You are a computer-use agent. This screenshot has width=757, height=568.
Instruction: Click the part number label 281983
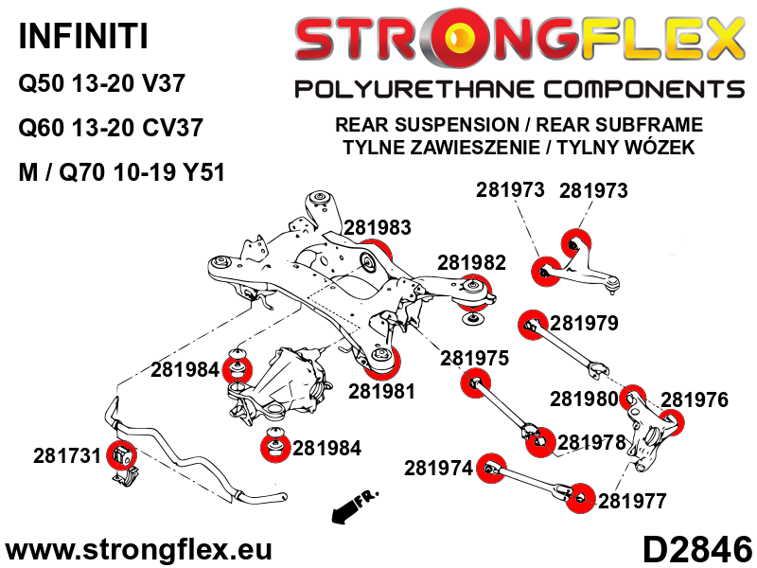coord(378,227)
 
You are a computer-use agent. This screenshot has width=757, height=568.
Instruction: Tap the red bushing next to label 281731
coord(121,455)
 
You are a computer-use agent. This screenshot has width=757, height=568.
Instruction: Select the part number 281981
coord(381,390)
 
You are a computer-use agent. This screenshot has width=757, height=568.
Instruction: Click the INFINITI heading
coord(83,38)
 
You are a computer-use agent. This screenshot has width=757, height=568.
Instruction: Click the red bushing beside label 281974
coord(489,469)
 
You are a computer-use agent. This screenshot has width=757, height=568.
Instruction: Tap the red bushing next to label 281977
coord(579,497)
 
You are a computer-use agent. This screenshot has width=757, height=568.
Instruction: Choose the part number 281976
coord(695,399)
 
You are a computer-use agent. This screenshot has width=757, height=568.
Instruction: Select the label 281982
coord(471,262)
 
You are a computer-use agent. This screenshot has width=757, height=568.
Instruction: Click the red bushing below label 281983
coord(377,256)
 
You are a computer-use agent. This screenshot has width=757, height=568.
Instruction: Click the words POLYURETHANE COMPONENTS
coord(519,90)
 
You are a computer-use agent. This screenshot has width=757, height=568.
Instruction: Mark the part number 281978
coord(591,442)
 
